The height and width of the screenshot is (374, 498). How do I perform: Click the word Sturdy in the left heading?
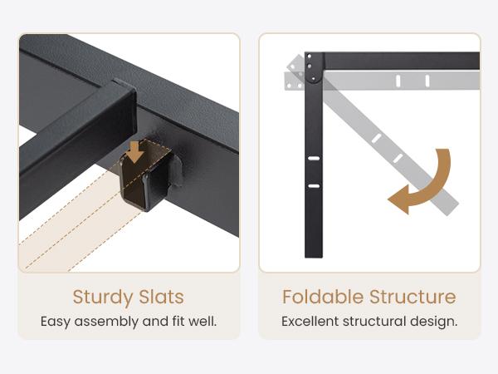103,298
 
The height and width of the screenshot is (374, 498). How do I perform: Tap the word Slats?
161,297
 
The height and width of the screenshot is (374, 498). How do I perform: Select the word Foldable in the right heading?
323,297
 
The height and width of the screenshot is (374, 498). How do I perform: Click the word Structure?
413,297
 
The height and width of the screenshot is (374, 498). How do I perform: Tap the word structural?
374,321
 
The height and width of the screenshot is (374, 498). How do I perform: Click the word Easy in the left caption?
55,322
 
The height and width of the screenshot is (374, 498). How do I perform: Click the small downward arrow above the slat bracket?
135,152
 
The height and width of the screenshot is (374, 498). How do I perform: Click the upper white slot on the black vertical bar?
314,158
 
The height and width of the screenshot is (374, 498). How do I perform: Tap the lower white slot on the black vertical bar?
314,186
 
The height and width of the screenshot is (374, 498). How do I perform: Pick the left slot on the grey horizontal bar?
398,81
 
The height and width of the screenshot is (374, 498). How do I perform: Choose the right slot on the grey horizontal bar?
427,81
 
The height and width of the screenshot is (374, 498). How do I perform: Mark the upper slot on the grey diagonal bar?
376,138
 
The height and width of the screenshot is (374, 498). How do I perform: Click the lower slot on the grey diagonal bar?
398,158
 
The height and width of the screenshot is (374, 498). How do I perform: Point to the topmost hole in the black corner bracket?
309,57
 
